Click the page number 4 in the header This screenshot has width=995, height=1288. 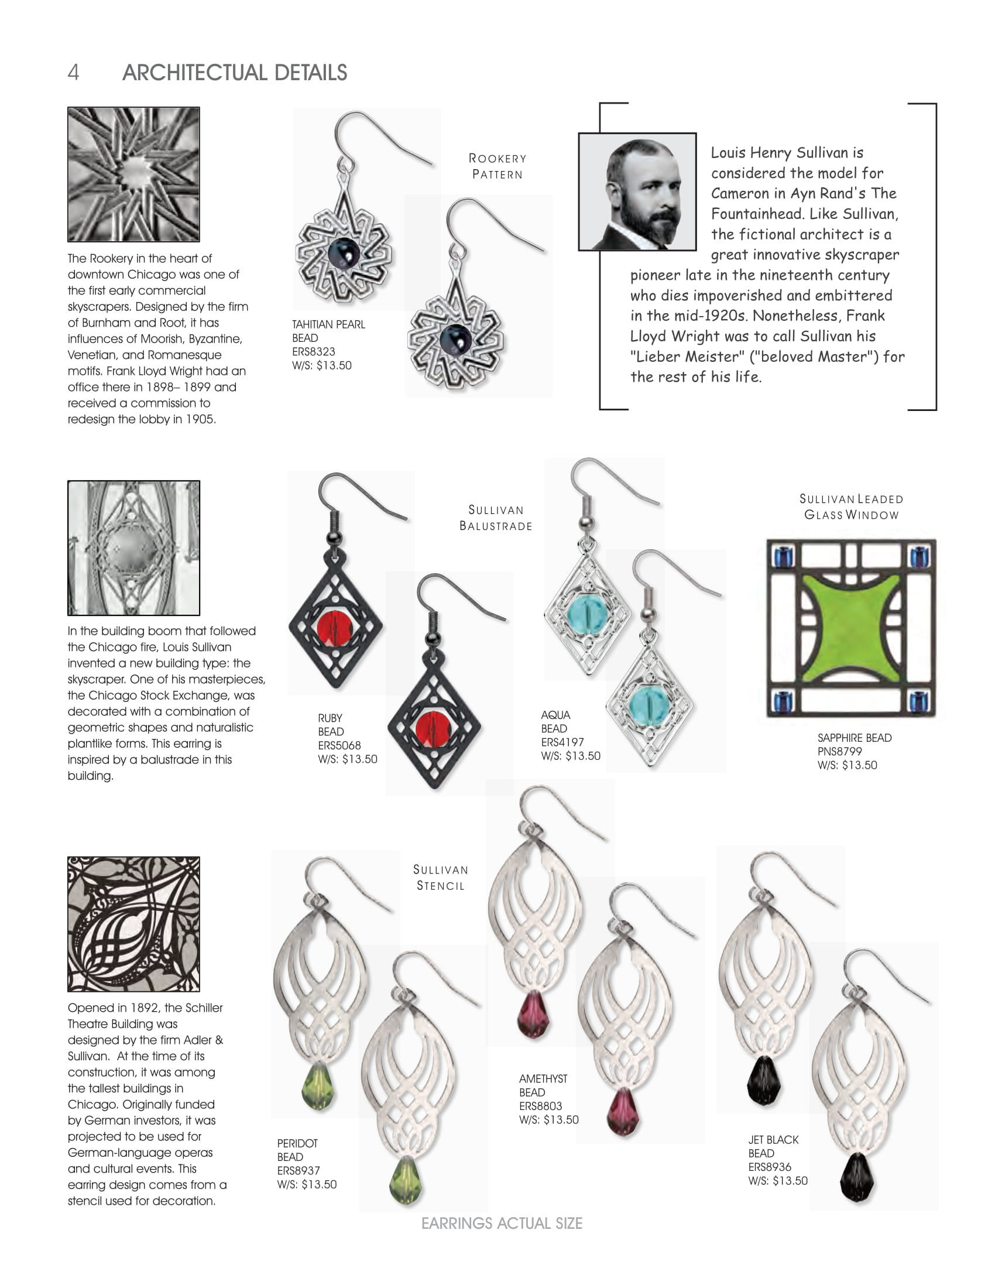[73, 73]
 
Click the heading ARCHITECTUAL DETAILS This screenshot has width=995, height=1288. [235, 73]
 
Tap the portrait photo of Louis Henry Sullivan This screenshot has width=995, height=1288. [637, 191]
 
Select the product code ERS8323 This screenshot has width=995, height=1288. [314, 351]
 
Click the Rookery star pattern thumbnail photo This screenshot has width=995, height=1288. [134, 174]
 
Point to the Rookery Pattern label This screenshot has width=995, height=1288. [497, 166]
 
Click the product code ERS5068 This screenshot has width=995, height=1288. [339, 745]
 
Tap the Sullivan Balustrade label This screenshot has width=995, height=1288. [496, 518]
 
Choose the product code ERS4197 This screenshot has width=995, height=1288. [562, 742]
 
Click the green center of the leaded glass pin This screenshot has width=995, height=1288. [850, 629]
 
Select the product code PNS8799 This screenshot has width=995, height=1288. [839, 751]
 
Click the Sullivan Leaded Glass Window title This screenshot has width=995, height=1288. [851, 506]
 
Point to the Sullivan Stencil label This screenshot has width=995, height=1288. [441, 878]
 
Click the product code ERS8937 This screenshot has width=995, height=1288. [298, 1171]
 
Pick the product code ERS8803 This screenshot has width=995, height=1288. [541, 1106]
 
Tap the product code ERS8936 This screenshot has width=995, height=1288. [770, 1166]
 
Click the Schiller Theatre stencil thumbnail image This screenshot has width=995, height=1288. [134, 924]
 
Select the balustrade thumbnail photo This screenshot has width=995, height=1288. [134, 548]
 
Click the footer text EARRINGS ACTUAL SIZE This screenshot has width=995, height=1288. [502, 1224]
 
